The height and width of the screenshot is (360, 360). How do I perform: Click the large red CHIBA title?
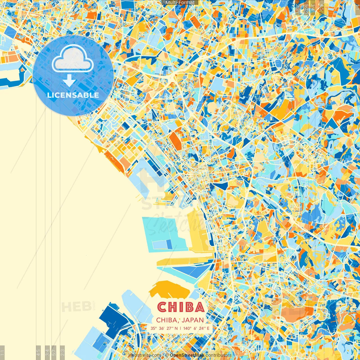tap(181, 307)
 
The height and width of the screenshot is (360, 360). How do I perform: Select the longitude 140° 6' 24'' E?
tap(196, 328)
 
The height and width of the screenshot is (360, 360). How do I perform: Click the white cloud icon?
tap(73, 58)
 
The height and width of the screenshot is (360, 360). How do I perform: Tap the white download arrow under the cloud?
tap(69, 80)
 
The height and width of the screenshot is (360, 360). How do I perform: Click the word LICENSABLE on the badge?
tap(73, 95)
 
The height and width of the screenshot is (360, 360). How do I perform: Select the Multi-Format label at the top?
tap(180, 3)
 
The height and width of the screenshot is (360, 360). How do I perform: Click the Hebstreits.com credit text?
tap(145, 355)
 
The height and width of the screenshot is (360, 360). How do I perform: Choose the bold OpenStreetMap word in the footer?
tap(187, 355)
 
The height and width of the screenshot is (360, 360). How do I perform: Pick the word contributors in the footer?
tap(219, 355)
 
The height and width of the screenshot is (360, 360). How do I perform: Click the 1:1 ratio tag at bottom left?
tap(3, 352)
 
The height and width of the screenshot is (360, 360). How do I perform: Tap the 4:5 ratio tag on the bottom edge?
tap(38, 352)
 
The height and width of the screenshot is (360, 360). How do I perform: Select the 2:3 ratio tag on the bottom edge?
tap(62, 352)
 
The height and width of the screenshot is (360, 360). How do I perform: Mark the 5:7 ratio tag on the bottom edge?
tap(54, 352)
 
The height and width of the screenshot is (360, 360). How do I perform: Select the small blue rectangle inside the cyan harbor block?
tap(169, 244)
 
